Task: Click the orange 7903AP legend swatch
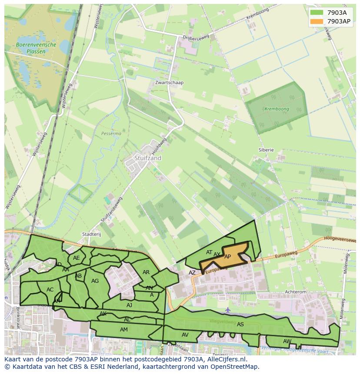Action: coord(317,21)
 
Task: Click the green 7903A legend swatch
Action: coord(317,13)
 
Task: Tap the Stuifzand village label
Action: coord(148,158)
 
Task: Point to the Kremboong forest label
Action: coord(277,109)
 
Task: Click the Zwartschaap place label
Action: coord(169,83)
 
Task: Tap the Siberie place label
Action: coord(266,150)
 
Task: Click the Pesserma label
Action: coord(111,134)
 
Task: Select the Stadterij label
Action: coord(91,234)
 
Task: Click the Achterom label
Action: coord(295,292)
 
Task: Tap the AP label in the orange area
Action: coord(227,257)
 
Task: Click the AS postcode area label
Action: coord(240,324)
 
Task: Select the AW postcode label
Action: coord(287,341)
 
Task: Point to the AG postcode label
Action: coord(95,281)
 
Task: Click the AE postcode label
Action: coord(77,258)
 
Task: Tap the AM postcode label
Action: coord(124,330)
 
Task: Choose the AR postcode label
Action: coord(146,272)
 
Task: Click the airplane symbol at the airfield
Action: coord(228,310)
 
